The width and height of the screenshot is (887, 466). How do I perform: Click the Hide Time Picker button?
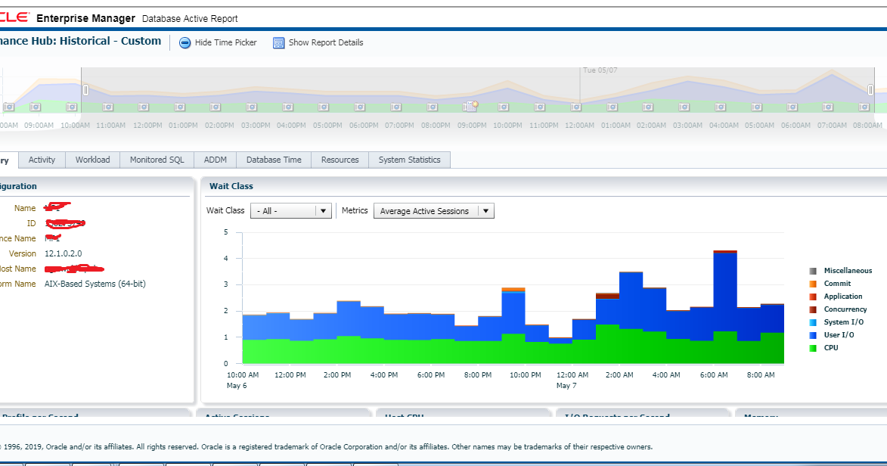pos(218,43)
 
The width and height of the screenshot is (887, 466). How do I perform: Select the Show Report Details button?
pos(318,43)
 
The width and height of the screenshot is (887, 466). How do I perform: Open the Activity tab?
pos(42,160)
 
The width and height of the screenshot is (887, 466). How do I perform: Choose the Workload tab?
pos(92,160)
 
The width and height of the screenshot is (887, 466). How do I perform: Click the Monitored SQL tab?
pos(157,160)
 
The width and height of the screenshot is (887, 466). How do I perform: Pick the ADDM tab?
pos(216,160)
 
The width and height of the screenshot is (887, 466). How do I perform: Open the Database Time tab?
pos(274,160)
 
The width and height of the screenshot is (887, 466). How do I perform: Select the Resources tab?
pos(340,160)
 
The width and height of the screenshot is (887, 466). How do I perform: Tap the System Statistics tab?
pos(409,160)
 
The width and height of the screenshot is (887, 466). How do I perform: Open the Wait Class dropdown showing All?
pos(291,211)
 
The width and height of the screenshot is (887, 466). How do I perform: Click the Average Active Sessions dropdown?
pos(433,211)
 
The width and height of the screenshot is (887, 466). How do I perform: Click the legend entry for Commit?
pos(837,284)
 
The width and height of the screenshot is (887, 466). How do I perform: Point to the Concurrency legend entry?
pos(845,309)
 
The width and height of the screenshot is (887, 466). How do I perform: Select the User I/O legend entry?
pos(839,335)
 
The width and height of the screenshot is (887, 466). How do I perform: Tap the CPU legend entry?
pos(830,348)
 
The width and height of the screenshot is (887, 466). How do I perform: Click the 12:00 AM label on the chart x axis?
pos(572,375)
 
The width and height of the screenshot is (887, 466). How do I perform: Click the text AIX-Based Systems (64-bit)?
pos(95,284)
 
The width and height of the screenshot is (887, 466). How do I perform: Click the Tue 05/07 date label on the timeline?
pos(600,70)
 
